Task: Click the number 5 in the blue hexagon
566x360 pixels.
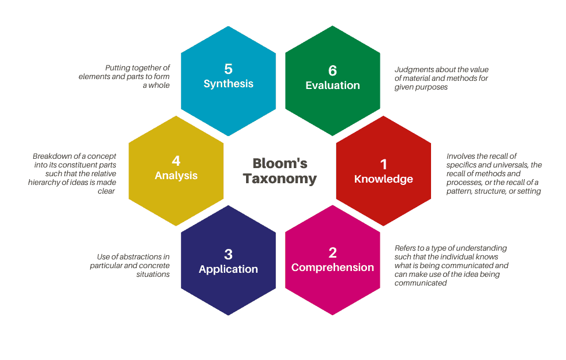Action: [x=229, y=69]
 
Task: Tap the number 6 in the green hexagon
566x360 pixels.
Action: [x=333, y=70]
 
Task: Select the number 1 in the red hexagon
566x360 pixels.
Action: [x=384, y=164]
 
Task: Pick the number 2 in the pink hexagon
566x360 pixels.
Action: [x=333, y=252]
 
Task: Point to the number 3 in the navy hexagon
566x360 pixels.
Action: [x=229, y=254]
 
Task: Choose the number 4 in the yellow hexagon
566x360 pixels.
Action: [x=176, y=161]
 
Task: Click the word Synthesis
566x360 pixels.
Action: [x=229, y=84]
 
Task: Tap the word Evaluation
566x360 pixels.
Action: [x=333, y=85]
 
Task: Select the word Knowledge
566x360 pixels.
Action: [x=384, y=179]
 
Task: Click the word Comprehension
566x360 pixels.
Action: [x=333, y=268]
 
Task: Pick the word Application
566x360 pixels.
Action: [x=229, y=269]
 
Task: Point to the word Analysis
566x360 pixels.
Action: [x=176, y=176]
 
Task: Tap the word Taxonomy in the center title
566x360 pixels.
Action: [x=280, y=179]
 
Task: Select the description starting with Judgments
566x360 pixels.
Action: [x=442, y=79]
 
